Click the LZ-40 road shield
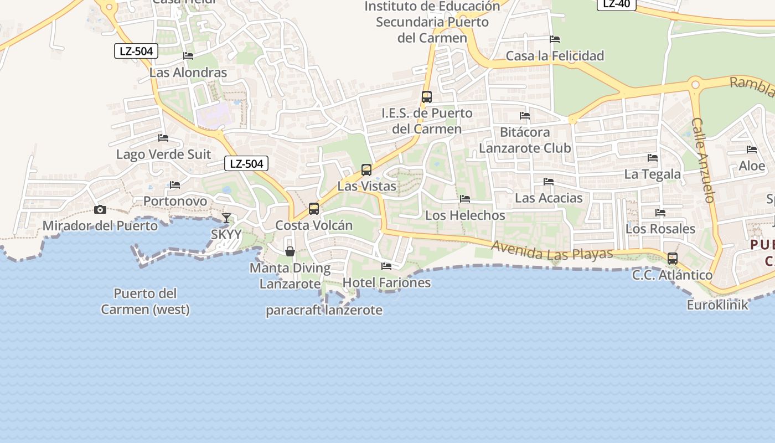(616, 4)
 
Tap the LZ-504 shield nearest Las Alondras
(136, 51)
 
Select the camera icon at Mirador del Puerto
(100, 209)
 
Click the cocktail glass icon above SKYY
(226, 218)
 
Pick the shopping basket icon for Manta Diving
(290, 251)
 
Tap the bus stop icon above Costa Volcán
(314, 209)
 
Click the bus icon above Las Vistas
(366, 170)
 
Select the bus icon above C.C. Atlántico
(672, 259)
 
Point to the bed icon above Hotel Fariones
(386, 266)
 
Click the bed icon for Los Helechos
(465, 199)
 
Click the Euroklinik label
(717, 305)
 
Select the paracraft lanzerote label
(324, 310)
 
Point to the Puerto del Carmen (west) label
(145, 301)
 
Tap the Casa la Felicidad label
(555, 56)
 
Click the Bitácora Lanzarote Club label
(525, 140)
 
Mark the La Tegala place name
(652, 174)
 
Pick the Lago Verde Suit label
(163, 154)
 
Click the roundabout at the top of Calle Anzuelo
(695, 85)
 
